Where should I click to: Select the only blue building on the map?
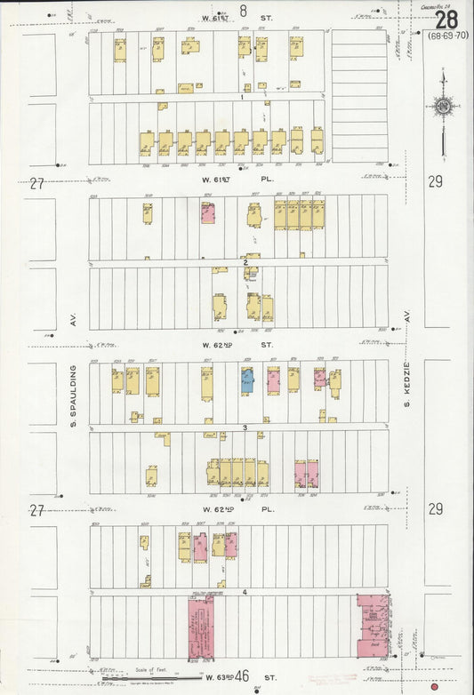247,381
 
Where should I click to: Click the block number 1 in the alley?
241,98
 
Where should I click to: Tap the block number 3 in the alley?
244,427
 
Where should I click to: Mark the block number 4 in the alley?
243,591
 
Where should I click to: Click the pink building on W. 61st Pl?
208,213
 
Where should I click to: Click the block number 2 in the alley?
245,263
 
